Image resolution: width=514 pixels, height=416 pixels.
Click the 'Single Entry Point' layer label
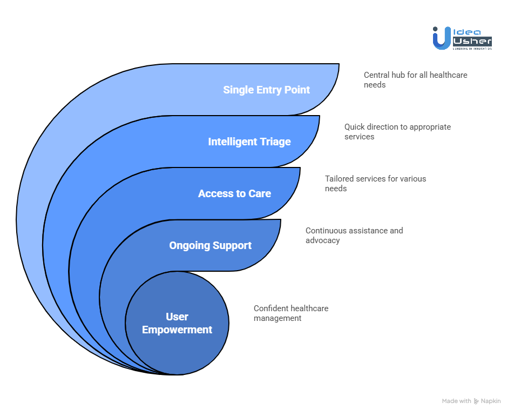tap(266, 90)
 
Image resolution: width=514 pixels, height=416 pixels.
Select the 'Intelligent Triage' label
tap(249, 142)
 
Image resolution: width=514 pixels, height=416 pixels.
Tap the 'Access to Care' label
tap(234, 193)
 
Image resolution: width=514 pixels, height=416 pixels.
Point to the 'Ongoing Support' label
tap(210, 245)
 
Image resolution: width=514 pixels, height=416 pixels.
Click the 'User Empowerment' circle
tap(177, 323)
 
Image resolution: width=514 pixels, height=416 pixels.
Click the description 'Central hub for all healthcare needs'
tap(415, 80)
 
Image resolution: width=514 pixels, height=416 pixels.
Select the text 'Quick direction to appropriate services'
tap(397, 132)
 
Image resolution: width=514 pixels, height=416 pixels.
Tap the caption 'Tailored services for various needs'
tap(375, 184)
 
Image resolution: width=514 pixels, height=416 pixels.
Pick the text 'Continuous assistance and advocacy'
tap(354, 236)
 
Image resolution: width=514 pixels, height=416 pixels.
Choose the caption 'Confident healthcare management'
tap(291, 313)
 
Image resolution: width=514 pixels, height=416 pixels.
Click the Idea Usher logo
tap(462, 38)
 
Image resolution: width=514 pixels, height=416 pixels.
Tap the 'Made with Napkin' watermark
tap(471, 401)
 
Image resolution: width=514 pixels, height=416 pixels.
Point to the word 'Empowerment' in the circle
tap(177, 330)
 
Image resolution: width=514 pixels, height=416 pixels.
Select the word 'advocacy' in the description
tap(322, 240)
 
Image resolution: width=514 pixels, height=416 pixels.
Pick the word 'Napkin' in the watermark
tap(491, 401)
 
